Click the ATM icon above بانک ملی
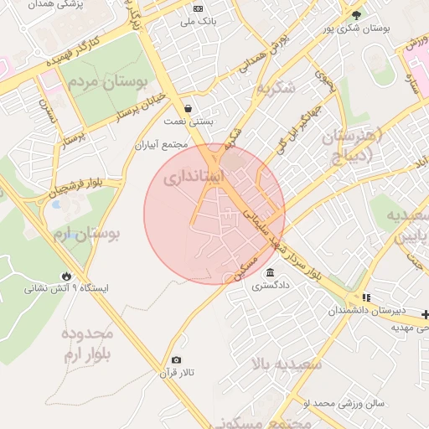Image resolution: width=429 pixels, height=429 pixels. pos(198,8)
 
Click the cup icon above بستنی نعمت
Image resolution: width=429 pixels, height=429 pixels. pos(188,109)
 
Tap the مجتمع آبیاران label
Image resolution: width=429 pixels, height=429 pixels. pos(164,145)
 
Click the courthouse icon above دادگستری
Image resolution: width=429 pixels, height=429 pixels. pos(270,273)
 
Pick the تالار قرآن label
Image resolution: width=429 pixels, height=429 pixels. pos(177,373)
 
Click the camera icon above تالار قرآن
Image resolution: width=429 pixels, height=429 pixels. pos(176,360)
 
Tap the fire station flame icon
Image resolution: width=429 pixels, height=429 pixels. pos(66,276)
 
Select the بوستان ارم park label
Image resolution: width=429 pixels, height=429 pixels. pos(92,234)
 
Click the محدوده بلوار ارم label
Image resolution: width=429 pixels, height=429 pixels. pos(86,343)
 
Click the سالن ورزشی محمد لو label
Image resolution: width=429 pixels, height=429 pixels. pos(344,403)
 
